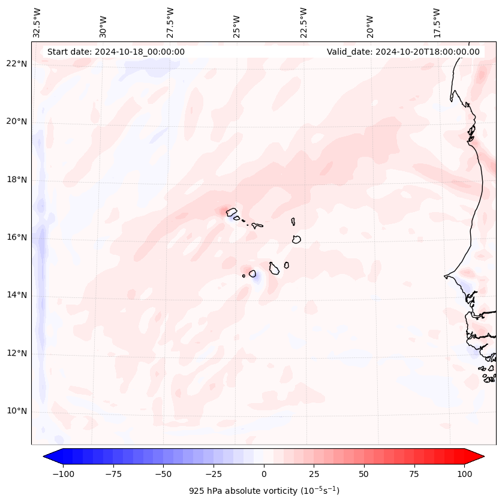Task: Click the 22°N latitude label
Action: point(16,64)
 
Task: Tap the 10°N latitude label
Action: point(16,411)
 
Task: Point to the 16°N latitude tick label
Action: point(16,237)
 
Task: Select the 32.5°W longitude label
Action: point(37,22)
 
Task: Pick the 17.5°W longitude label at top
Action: point(437,22)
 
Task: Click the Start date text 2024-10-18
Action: point(116,52)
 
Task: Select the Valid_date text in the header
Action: point(403,52)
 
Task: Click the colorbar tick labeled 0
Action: point(264,474)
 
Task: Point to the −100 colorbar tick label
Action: point(63,474)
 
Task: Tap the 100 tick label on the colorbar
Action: point(464,474)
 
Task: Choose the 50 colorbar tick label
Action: point(364,474)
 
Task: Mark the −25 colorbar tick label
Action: point(214,474)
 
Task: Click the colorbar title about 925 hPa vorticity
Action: point(264,491)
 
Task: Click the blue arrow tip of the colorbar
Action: point(48,457)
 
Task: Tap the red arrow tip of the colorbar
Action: point(479,457)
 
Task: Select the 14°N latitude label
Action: point(16,295)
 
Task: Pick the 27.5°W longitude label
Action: point(170,22)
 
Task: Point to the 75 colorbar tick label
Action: point(414,474)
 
